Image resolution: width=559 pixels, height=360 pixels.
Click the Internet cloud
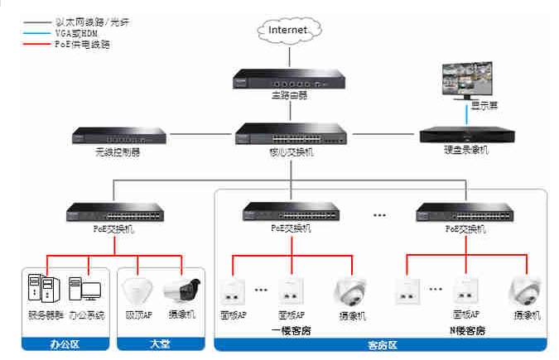coord(288,30)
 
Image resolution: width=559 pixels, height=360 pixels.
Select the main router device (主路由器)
coord(288,80)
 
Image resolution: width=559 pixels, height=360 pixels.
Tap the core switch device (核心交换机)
coord(288,135)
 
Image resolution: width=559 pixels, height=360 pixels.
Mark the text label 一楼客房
coord(292,330)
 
